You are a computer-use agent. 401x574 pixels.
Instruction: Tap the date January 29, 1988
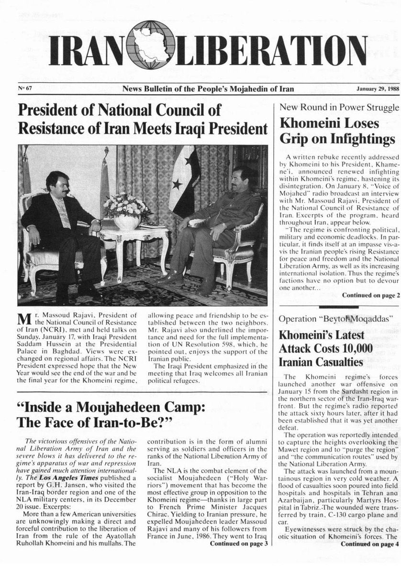click(372, 89)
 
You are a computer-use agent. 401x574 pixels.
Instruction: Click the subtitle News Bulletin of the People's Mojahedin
click(208, 89)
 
